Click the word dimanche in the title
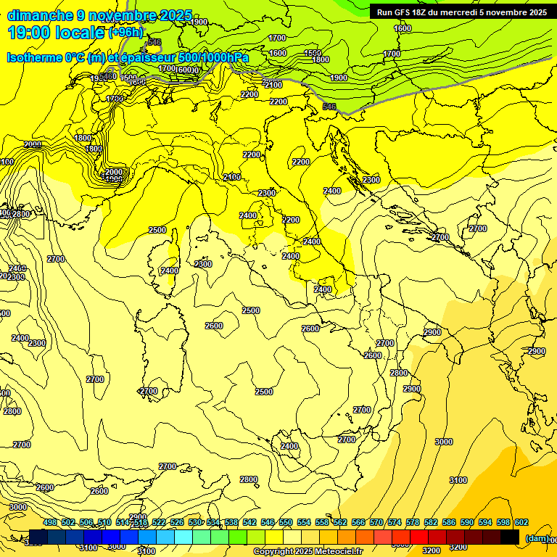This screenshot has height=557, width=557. coord(41,15)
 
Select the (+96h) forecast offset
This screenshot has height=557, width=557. coord(126,33)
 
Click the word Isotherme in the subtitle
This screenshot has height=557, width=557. coord(36,57)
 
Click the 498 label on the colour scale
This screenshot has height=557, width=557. coord(50,522)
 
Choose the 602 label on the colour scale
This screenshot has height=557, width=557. coord(521,522)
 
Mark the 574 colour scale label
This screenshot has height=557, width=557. coord(395,522)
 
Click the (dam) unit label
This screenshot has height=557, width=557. coord(537,537)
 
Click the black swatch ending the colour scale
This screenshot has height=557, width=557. coord(510,537)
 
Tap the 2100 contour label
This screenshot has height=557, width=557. coord(273,85)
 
